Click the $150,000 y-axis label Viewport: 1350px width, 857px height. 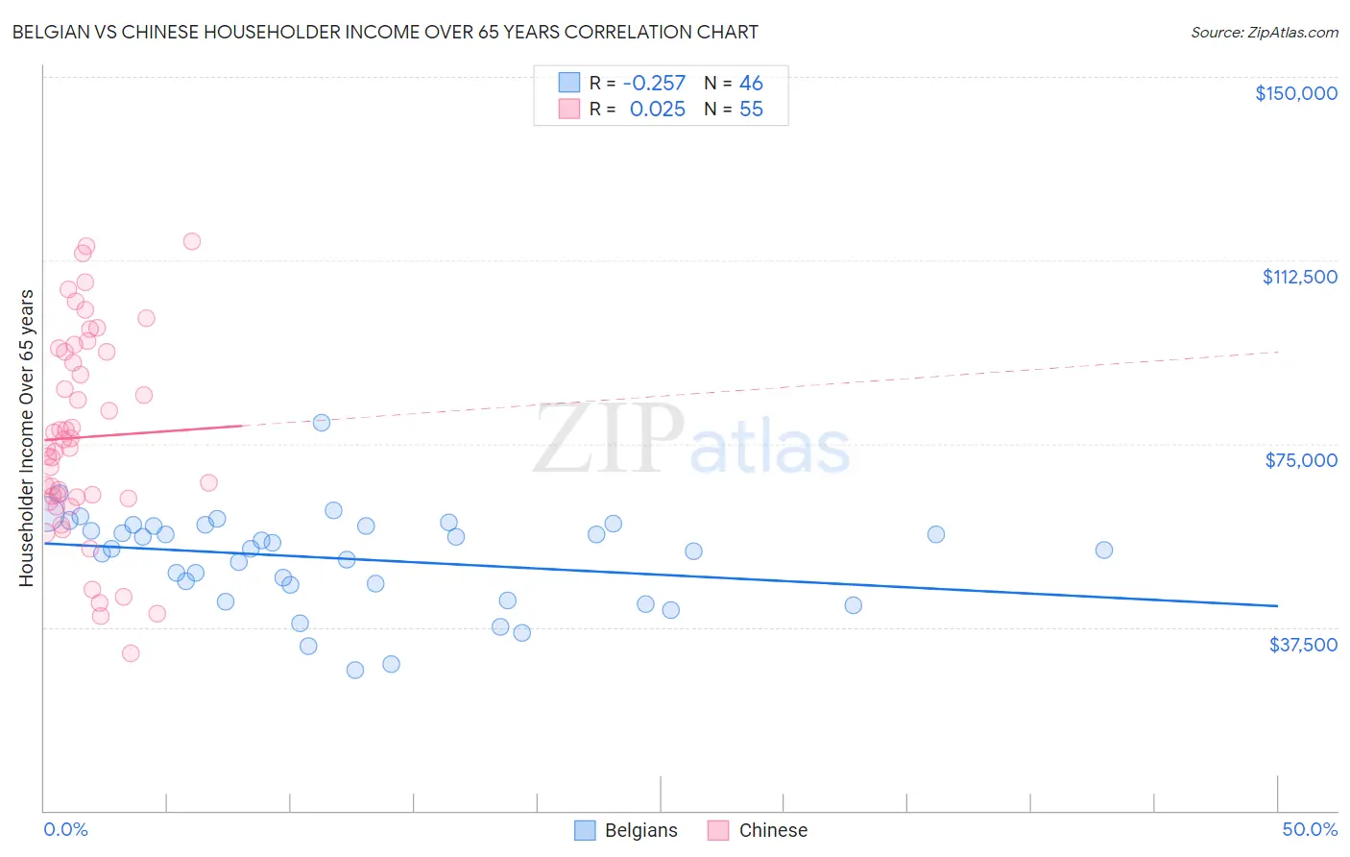1295,93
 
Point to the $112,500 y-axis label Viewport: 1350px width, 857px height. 1299,277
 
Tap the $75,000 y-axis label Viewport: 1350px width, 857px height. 1301,460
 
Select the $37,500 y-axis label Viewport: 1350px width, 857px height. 1303,645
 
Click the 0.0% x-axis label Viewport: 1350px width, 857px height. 65,829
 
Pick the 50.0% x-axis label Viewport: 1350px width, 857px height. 1310,829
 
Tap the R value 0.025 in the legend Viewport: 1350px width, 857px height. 658,110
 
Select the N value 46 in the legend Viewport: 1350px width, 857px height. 751,84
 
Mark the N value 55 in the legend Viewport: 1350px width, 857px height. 751,110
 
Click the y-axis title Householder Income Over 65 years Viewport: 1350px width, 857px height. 27,437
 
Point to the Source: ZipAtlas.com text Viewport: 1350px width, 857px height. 1264,33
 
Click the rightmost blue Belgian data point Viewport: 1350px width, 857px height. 1104,550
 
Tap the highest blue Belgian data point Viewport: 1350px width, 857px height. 322,423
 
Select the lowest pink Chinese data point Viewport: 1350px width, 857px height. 131,653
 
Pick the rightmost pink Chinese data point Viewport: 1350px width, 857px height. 209,482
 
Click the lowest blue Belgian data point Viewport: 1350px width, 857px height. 355,670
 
